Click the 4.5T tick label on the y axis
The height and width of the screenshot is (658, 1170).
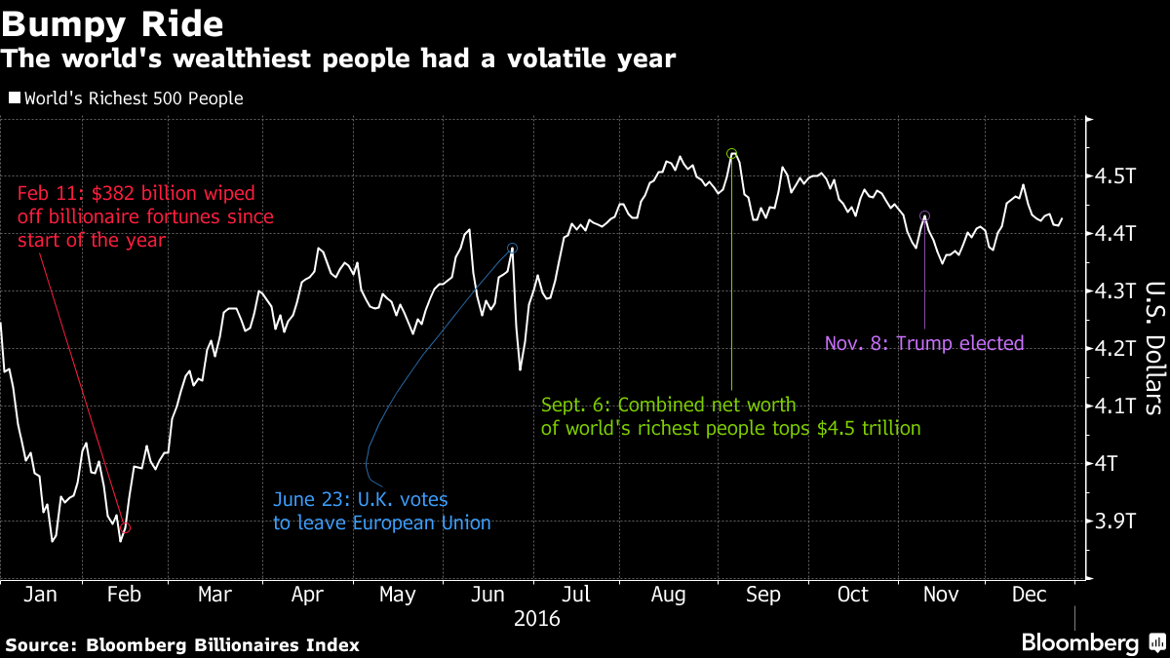1115,176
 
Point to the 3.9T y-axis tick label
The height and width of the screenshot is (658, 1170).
1115,521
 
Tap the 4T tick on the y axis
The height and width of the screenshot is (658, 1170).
1109,463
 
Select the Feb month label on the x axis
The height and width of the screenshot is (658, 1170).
124,595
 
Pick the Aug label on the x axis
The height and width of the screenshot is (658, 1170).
669,595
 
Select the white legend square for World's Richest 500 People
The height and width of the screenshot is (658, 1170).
14,98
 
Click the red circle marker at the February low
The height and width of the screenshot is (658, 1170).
125,528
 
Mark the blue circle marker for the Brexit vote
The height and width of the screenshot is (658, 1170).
513,249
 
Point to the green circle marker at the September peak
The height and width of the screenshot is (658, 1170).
731,153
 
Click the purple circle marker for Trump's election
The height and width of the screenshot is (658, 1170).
924,215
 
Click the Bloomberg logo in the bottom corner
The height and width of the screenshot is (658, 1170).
1079,642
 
